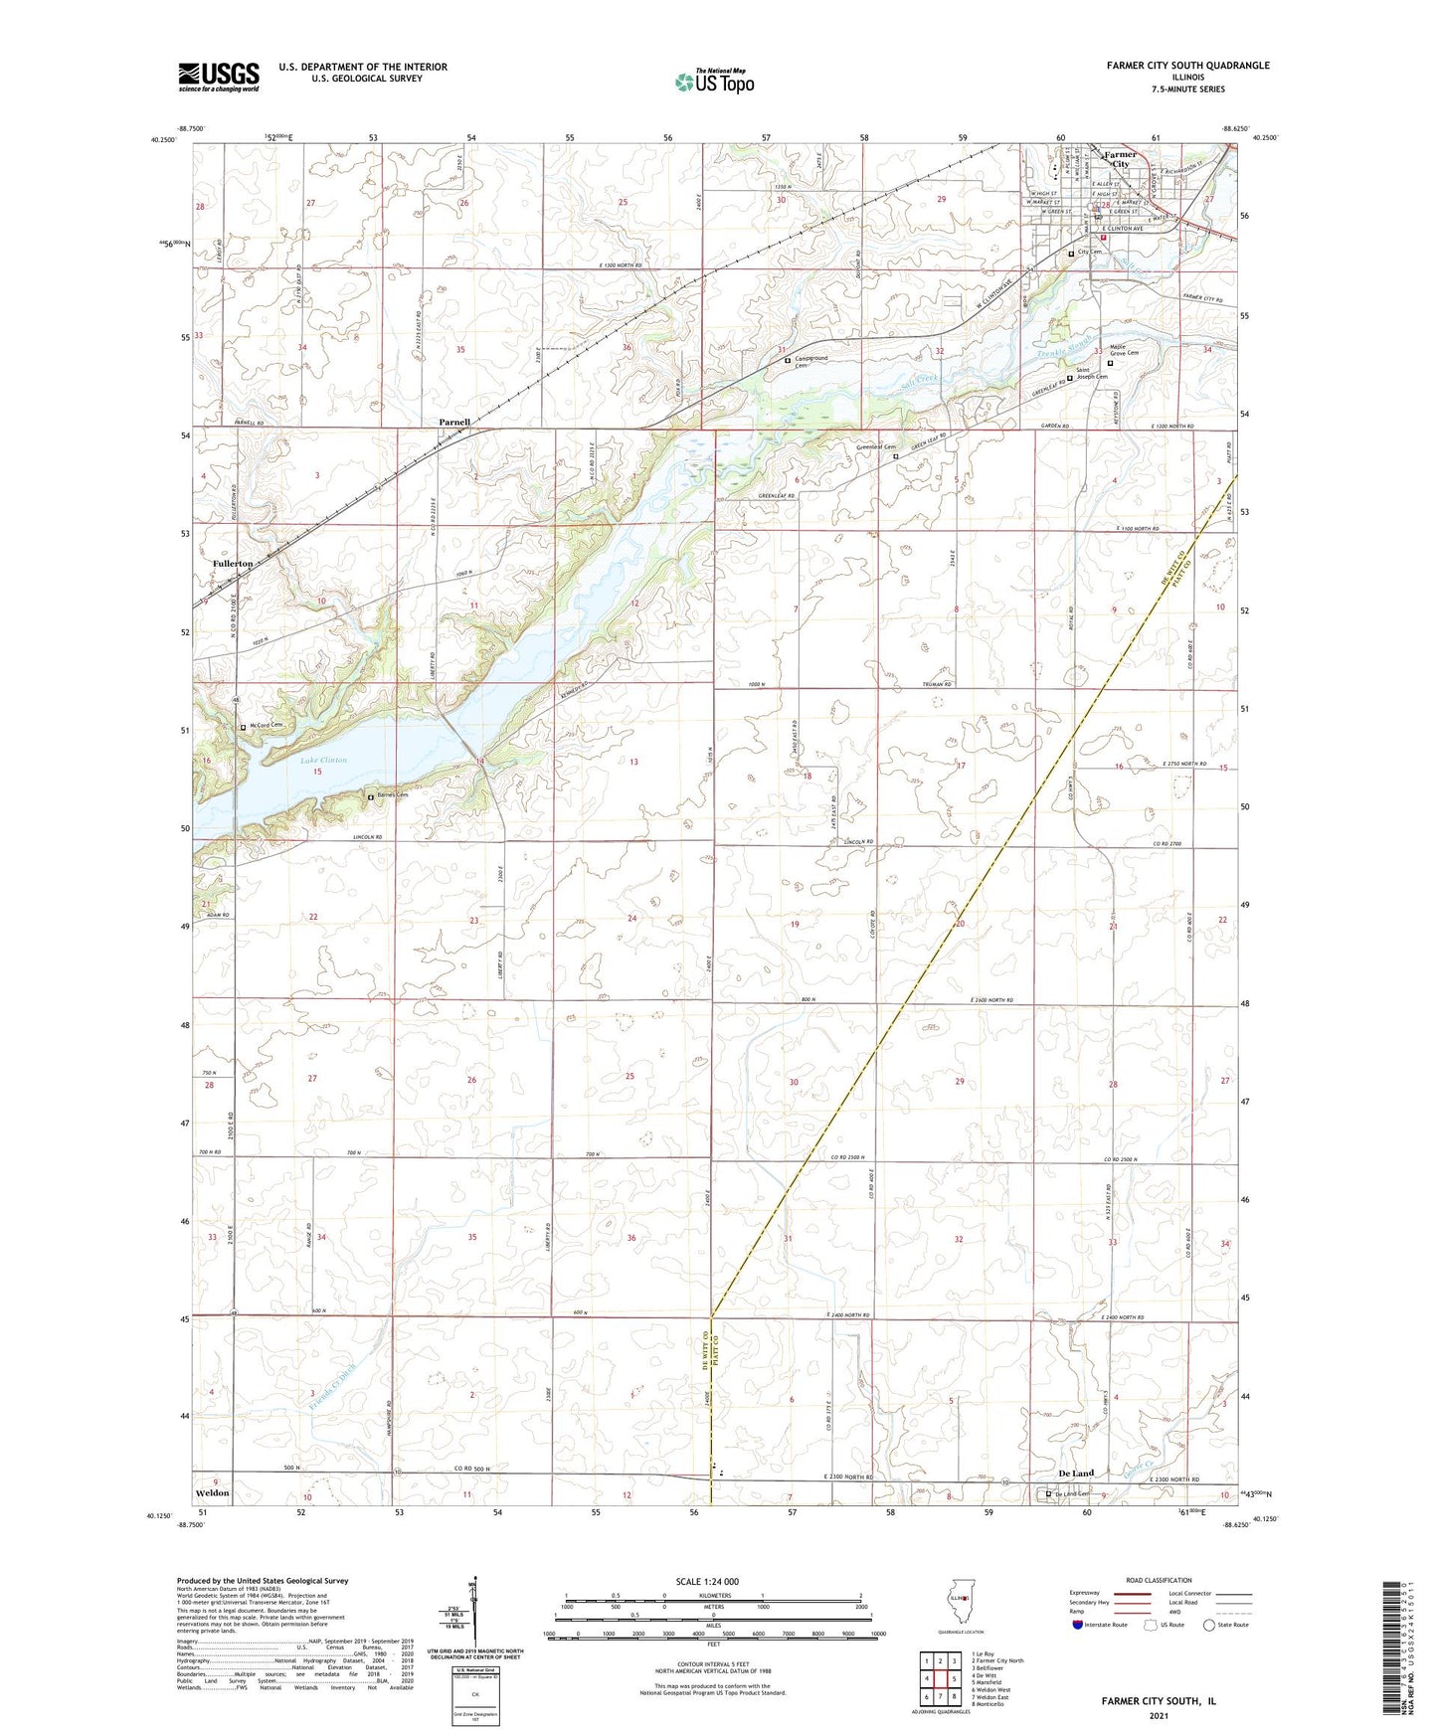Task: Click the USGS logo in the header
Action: click(x=219, y=77)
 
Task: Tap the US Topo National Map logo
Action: click(x=713, y=82)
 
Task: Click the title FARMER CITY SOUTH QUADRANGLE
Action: click(x=1187, y=66)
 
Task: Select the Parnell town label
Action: click(x=454, y=423)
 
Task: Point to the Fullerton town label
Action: click(x=233, y=563)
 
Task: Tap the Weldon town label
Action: click(x=213, y=1493)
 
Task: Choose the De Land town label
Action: click(x=1076, y=1474)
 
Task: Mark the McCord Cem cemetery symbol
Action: click(x=243, y=727)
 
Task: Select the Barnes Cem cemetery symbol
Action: click(x=371, y=796)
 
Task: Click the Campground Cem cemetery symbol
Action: click(x=788, y=360)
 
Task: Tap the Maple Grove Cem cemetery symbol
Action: click(x=1111, y=363)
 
